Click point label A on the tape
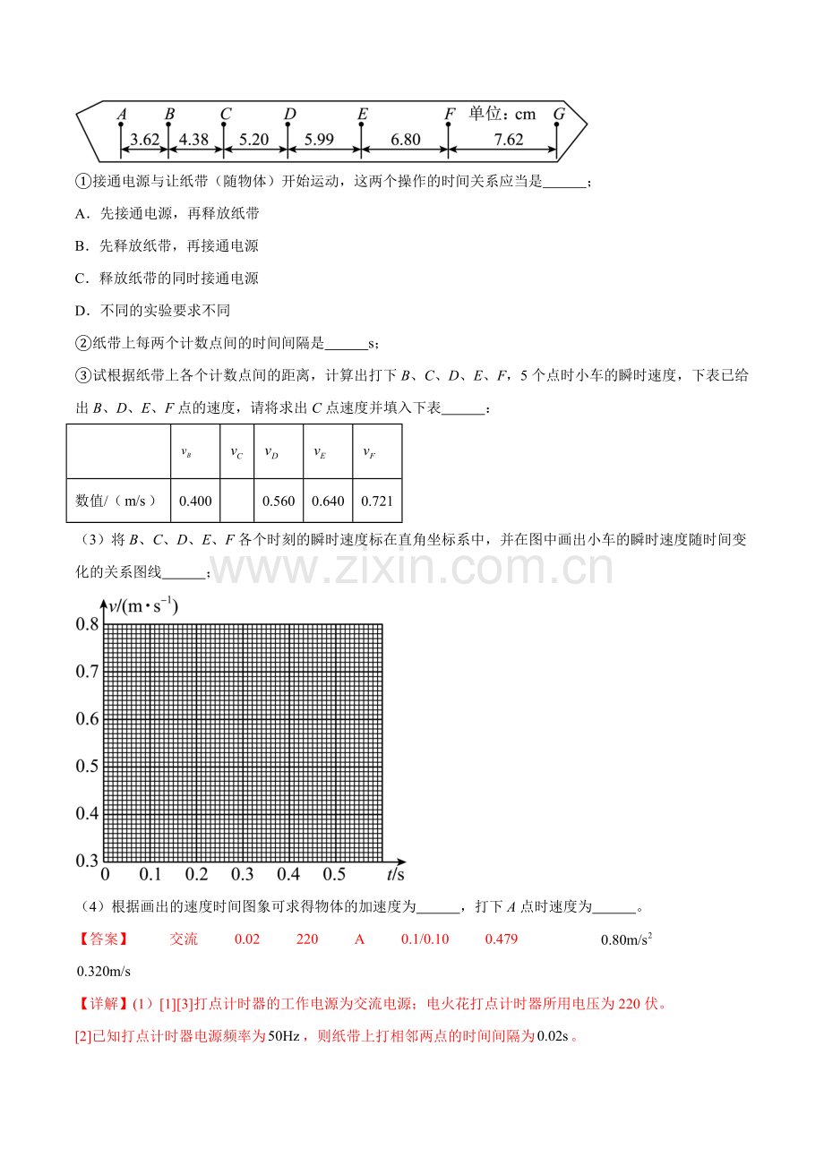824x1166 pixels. (x=122, y=114)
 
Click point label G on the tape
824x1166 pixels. (x=559, y=114)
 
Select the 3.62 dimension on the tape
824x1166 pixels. (x=144, y=140)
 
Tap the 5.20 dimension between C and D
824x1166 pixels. (x=254, y=140)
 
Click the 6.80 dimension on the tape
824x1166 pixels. (x=406, y=140)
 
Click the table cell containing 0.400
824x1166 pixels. (x=195, y=501)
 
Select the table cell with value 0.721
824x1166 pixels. (x=377, y=501)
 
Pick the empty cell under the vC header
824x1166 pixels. (x=236, y=501)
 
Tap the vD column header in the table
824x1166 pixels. (x=271, y=452)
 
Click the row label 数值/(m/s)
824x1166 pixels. (x=118, y=501)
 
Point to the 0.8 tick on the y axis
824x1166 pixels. (x=87, y=624)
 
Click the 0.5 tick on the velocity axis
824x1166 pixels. (x=87, y=766)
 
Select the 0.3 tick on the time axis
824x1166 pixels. (x=243, y=874)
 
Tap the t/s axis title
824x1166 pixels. (x=396, y=873)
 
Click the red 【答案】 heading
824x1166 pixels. (x=103, y=939)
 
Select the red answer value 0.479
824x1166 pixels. (x=502, y=939)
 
